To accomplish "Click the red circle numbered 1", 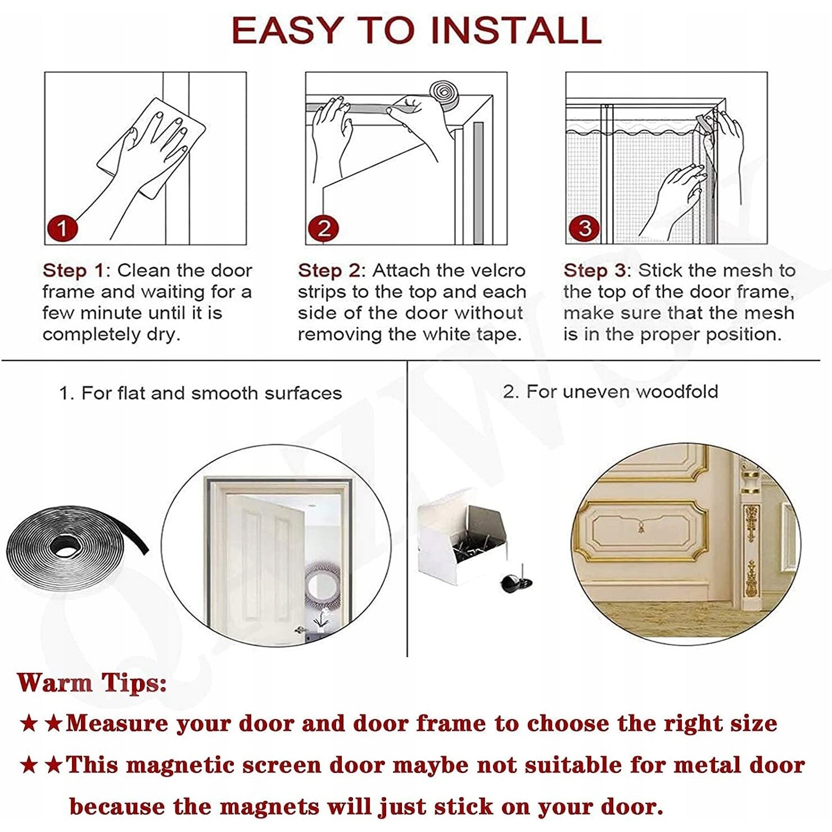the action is coord(62,228).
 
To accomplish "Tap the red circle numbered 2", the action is coord(323,228).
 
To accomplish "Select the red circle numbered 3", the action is coord(584,228).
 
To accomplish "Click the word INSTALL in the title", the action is coord(516,30).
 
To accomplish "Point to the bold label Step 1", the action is coord(73,270).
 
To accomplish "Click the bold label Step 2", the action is coord(328,270).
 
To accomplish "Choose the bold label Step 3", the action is coord(594,270).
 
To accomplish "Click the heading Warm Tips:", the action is coord(92,683).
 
